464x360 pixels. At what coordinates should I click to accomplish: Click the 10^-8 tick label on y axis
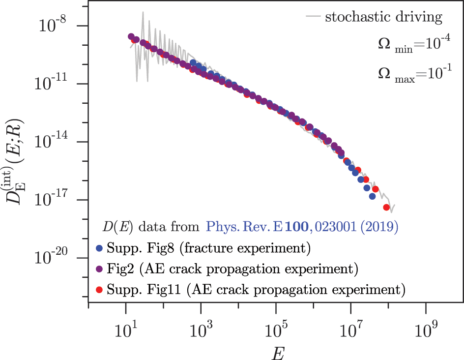(53, 25)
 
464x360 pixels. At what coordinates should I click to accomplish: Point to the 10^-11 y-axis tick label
(52, 83)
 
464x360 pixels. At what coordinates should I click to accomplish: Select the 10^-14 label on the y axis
(52, 141)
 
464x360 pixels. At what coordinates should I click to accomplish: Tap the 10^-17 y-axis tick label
(52, 199)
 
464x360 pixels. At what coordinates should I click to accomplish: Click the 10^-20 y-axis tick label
(52, 257)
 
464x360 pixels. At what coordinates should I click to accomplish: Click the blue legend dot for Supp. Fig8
(100, 249)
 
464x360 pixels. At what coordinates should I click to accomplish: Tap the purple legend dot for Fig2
(100, 269)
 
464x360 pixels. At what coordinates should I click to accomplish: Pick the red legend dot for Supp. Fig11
(100, 290)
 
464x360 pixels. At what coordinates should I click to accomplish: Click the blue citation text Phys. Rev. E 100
(301, 227)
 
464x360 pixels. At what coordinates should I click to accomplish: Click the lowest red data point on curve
(387, 207)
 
